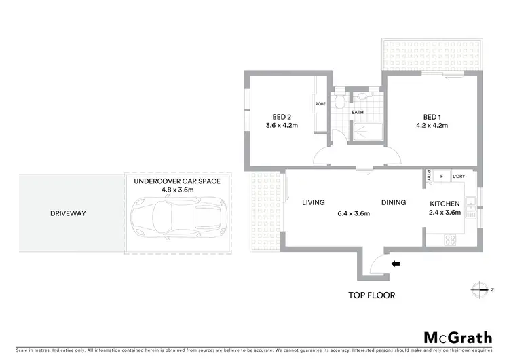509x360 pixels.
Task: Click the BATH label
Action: (358, 113)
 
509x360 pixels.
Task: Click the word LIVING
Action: (314, 202)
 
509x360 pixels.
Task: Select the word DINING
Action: (394, 202)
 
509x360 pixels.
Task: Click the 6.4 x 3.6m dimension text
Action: (354, 213)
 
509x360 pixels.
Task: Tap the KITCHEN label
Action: (445, 204)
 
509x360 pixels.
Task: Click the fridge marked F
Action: (441, 176)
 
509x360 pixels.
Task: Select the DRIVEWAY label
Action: (68, 213)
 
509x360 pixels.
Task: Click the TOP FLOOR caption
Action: (371, 295)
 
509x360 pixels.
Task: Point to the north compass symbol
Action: (481, 289)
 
